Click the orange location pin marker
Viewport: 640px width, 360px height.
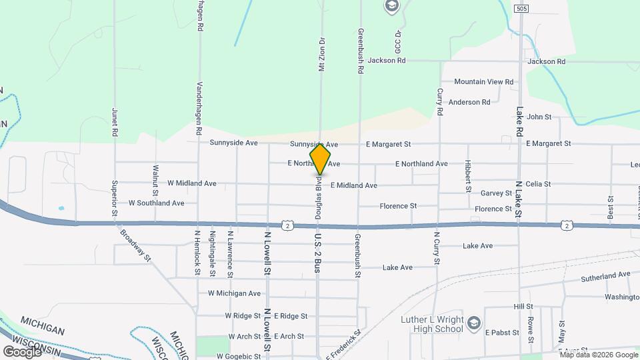[x=320, y=159]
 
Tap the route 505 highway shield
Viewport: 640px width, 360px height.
[x=521, y=8]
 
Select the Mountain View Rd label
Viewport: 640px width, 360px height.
[x=483, y=82]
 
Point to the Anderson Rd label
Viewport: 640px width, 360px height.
[x=469, y=102]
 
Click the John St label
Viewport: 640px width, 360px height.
[x=539, y=117]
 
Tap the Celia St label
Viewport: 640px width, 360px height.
[x=538, y=184]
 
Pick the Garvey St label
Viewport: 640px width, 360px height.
[x=495, y=193]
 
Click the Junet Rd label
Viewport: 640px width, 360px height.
[x=115, y=123]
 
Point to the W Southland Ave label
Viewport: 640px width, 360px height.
[x=156, y=203]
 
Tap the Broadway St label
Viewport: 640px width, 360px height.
[x=136, y=245]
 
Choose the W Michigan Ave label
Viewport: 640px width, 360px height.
[x=234, y=293]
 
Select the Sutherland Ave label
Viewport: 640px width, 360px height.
[x=605, y=275]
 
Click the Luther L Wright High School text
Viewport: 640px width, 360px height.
[x=432, y=324]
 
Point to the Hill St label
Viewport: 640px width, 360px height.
[x=523, y=307]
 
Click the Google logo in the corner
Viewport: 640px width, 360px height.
[x=23, y=351]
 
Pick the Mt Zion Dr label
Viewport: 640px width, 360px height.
[x=321, y=53]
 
